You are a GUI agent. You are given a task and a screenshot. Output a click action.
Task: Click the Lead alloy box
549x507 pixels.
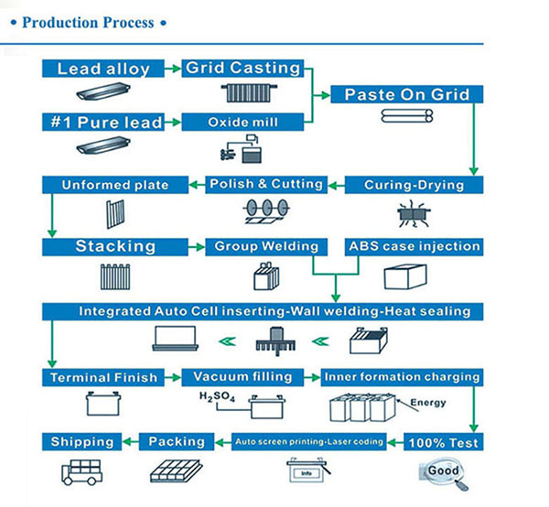coord(103,69)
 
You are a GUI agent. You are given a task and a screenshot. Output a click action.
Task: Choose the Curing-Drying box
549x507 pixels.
coord(413,185)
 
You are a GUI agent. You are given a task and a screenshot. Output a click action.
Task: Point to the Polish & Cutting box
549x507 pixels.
coord(266,184)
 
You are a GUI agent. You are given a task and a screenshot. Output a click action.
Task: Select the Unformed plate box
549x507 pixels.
coord(115,185)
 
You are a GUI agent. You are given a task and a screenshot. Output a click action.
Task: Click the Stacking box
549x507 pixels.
coord(115,246)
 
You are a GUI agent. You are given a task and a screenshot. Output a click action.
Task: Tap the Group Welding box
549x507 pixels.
coord(266,246)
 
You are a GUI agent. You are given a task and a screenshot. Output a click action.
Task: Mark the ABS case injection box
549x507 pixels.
coord(413,246)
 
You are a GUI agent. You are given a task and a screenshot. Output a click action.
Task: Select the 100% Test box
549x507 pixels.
coord(443,442)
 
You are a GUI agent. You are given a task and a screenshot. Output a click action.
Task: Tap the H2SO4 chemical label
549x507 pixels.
coord(216,397)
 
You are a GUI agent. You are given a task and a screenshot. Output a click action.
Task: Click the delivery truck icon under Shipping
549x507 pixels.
coord(84,470)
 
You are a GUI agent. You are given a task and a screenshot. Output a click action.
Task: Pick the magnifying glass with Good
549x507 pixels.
coord(444,472)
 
